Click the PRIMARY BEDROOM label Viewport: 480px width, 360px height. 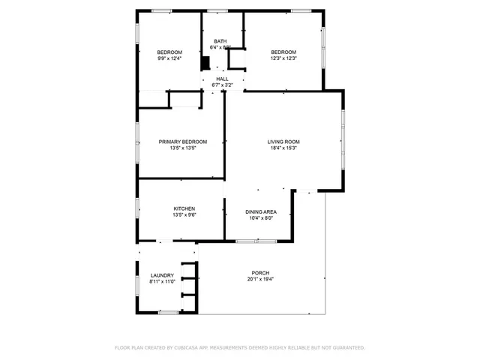click(182, 142)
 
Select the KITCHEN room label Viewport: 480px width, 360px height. click(184, 208)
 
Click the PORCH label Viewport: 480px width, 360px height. click(260, 273)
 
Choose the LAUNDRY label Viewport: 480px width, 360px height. click(162, 275)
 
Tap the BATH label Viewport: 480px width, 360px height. click(220, 41)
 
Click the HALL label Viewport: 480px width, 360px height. click(223, 79)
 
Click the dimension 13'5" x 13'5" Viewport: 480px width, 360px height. click(182, 148)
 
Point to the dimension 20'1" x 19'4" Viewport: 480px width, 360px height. click(260, 279)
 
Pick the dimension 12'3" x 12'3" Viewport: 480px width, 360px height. click(283, 58)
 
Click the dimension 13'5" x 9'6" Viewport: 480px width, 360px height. click(184, 215)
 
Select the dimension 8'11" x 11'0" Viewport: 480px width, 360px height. click(162, 281)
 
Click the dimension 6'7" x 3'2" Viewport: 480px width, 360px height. click(223, 85)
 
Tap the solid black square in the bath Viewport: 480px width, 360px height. click(205, 64)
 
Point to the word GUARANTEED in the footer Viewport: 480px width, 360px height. click(343, 348)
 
